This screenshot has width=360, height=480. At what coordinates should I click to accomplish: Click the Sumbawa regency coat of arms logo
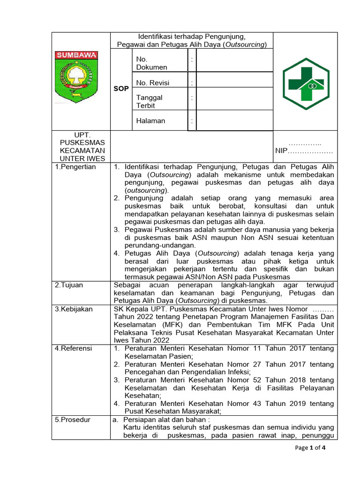[76, 76]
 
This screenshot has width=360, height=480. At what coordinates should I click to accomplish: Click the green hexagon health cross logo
[306, 83]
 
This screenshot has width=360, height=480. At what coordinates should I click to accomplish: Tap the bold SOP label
[121, 89]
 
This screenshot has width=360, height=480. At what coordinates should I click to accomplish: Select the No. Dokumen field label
[151, 63]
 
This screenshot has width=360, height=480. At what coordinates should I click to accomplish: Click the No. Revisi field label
[152, 83]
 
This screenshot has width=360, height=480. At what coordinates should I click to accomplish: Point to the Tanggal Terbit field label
[149, 101]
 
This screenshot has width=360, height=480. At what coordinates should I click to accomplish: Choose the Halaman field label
[150, 121]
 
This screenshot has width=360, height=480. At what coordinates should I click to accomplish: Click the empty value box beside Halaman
[234, 121]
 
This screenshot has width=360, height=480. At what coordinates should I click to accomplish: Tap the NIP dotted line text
[304, 151]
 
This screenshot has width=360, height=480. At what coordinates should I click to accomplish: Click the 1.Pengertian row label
[75, 167]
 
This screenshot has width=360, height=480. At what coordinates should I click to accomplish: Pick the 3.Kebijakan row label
[74, 309]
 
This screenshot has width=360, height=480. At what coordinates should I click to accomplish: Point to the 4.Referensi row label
[74, 348]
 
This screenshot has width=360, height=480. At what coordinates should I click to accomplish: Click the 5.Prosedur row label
[73, 420]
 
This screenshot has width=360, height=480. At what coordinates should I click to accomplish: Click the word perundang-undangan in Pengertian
[153, 245]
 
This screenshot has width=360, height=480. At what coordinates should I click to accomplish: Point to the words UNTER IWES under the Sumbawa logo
[82, 159]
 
